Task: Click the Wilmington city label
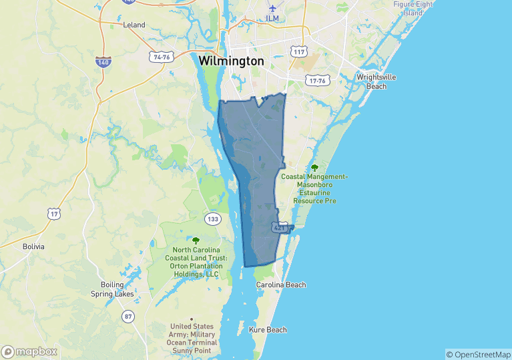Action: coord(231,61)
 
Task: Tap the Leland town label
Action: coord(134,25)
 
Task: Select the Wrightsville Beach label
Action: coord(376,81)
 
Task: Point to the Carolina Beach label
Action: coord(281,285)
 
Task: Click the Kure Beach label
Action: coord(268,330)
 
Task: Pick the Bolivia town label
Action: coord(33,246)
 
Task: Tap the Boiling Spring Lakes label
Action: coord(112,289)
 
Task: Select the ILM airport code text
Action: coord(272,18)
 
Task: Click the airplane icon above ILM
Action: coord(272,7)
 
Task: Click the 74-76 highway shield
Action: coord(162,57)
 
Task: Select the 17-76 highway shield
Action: coord(317,81)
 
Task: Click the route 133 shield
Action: coord(213,219)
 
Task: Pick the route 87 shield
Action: coord(127,316)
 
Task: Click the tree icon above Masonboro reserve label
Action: coord(314,167)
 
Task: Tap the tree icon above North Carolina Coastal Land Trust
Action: coord(196,240)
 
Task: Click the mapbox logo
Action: coord(29,351)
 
